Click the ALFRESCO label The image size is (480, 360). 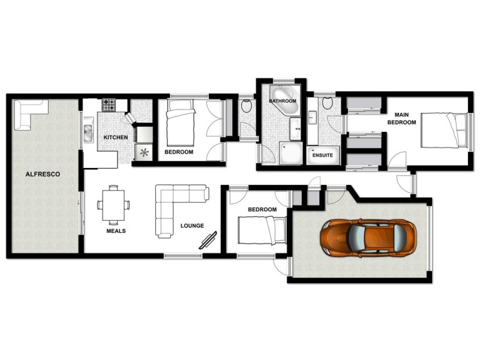tap(40, 175)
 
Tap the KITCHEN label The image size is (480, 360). tap(116, 138)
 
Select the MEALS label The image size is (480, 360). tap(116, 230)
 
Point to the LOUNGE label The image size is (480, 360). tap(192, 226)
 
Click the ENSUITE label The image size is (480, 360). tap(323, 155)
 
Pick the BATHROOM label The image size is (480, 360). tap(282, 101)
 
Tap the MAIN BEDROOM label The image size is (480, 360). tap(401, 118)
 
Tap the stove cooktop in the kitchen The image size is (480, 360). tap(109, 105)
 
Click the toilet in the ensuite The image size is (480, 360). tap(327, 103)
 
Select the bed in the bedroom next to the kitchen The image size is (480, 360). tap(181, 124)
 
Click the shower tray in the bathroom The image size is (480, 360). tap(292, 154)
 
